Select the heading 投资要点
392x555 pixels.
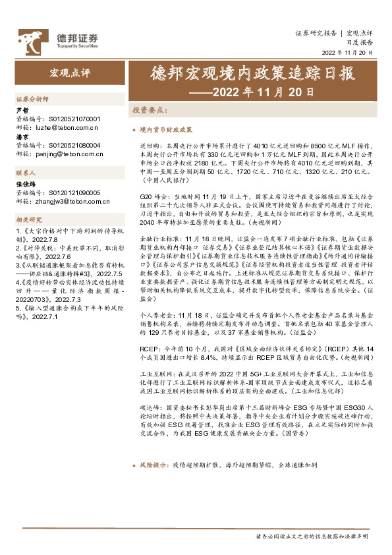[x=149, y=110]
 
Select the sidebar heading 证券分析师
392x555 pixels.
[x=32, y=98]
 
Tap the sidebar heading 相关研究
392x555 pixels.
[x=29, y=219]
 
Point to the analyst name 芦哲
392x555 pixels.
[x=22, y=111]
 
